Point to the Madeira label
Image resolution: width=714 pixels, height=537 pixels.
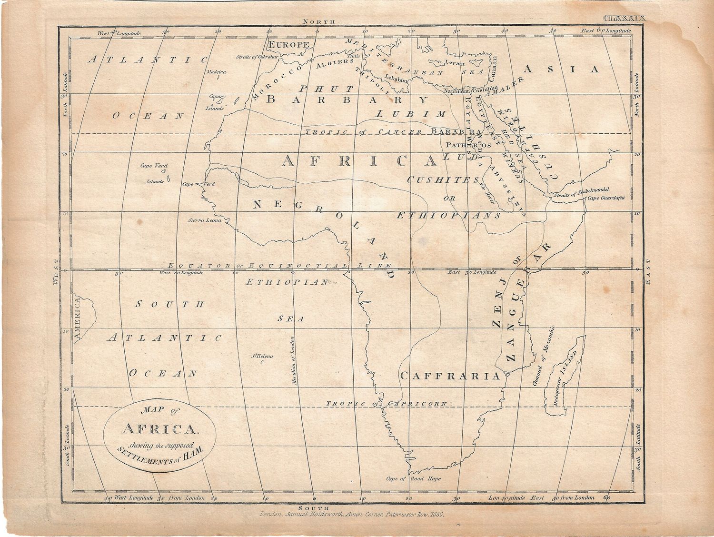[216, 72]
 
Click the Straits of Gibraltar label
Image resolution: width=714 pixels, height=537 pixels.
[257, 57]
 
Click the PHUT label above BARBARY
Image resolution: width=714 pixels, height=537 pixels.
[326, 89]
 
